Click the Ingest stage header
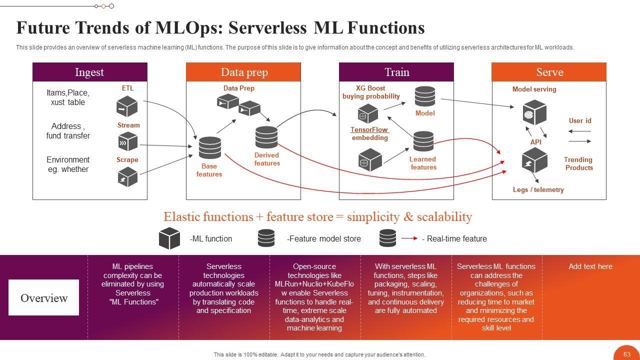(x=89, y=72)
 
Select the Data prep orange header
(x=243, y=72)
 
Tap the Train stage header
(x=396, y=72)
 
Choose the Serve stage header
(x=549, y=72)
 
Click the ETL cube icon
(x=127, y=106)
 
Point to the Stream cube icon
(x=127, y=141)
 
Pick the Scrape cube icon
(x=127, y=176)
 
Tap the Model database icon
(x=424, y=96)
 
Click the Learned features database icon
(x=423, y=142)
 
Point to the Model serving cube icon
(x=534, y=113)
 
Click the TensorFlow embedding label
(x=369, y=133)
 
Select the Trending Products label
(x=578, y=163)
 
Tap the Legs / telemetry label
(x=538, y=190)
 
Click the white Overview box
(x=43, y=297)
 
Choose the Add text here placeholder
(x=590, y=266)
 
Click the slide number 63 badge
(x=627, y=354)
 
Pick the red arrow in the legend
(x=408, y=238)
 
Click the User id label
(x=580, y=120)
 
